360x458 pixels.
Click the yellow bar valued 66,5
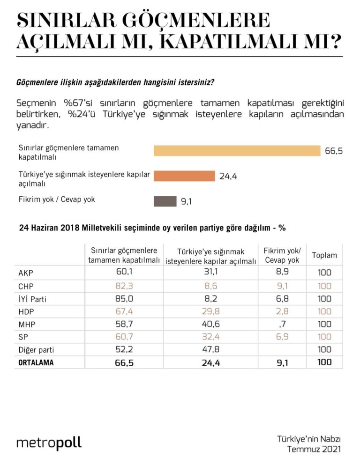[x=237, y=151]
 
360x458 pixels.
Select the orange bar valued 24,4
[x=184, y=176]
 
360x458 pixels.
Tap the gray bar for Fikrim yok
[x=165, y=201]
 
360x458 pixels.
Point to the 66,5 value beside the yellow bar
[x=334, y=151]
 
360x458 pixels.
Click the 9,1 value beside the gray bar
[x=186, y=201]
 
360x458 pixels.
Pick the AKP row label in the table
[x=26, y=273]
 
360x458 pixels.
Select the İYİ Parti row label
[x=32, y=299]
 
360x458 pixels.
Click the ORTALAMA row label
[x=36, y=362]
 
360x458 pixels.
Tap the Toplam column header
[x=324, y=255]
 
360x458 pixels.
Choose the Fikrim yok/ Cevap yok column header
[x=282, y=255]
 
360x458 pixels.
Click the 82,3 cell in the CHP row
[x=124, y=286]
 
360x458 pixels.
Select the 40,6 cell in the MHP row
[x=210, y=324]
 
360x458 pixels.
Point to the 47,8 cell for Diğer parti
[x=210, y=349]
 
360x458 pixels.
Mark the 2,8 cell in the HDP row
[x=282, y=311]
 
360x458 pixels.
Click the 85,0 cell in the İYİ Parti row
[x=124, y=298]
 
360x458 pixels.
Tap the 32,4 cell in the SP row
[x=210, y=337]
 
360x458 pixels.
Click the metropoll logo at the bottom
[x=49, y=443]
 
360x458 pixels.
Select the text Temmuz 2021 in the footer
[x=314, y=449]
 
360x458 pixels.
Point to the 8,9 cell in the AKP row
[x=282, y=272]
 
